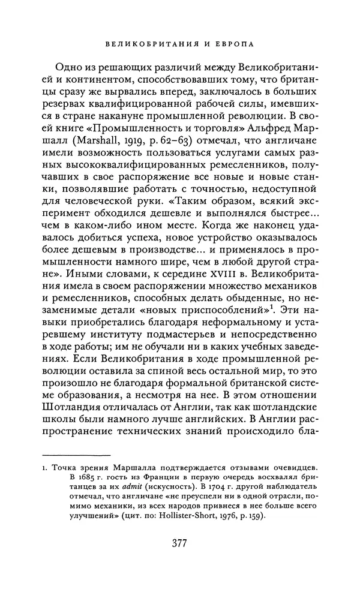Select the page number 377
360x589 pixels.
(180, 543)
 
